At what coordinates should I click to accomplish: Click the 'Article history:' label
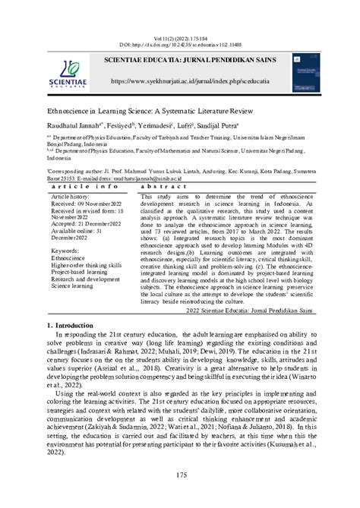coord(71,196)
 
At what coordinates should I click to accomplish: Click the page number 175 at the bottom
coord(180,475)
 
